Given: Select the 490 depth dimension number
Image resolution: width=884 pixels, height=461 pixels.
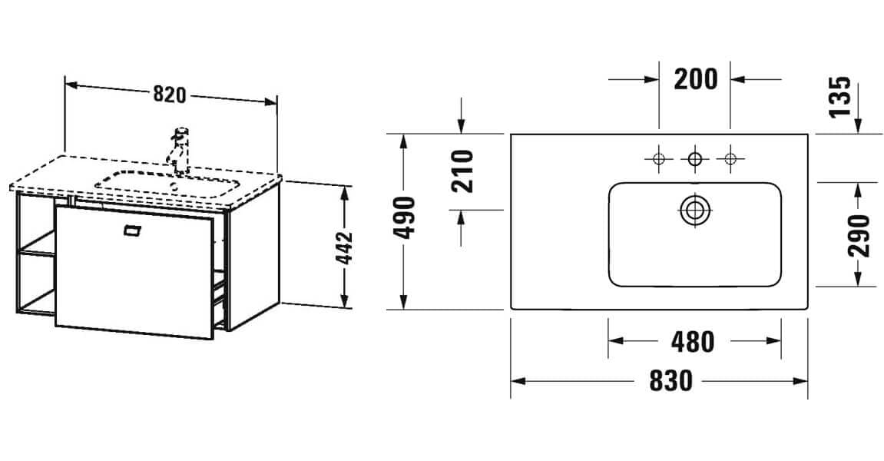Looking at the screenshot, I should (x=406, y=218).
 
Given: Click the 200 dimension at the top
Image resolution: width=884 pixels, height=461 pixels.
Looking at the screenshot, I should (x=695, y=78).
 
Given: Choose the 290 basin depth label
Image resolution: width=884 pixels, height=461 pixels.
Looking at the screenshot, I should (x=858, y=236).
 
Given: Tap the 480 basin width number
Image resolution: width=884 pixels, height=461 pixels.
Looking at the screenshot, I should (x=693, y=342).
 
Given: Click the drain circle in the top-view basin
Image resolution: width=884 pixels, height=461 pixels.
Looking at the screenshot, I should (x=695, y=209).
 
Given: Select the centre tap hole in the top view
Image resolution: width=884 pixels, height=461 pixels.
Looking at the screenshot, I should (x=695, y=159).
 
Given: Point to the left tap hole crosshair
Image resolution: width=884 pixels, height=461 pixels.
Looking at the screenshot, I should (x=658, y=159).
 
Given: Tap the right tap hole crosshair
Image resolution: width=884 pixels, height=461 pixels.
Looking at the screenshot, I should (x=730, y=159).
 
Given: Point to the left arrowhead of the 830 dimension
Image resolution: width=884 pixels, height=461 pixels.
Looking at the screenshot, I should (x=516, y=380).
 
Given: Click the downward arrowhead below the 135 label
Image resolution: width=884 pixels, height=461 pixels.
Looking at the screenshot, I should (x=859, y=128).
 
